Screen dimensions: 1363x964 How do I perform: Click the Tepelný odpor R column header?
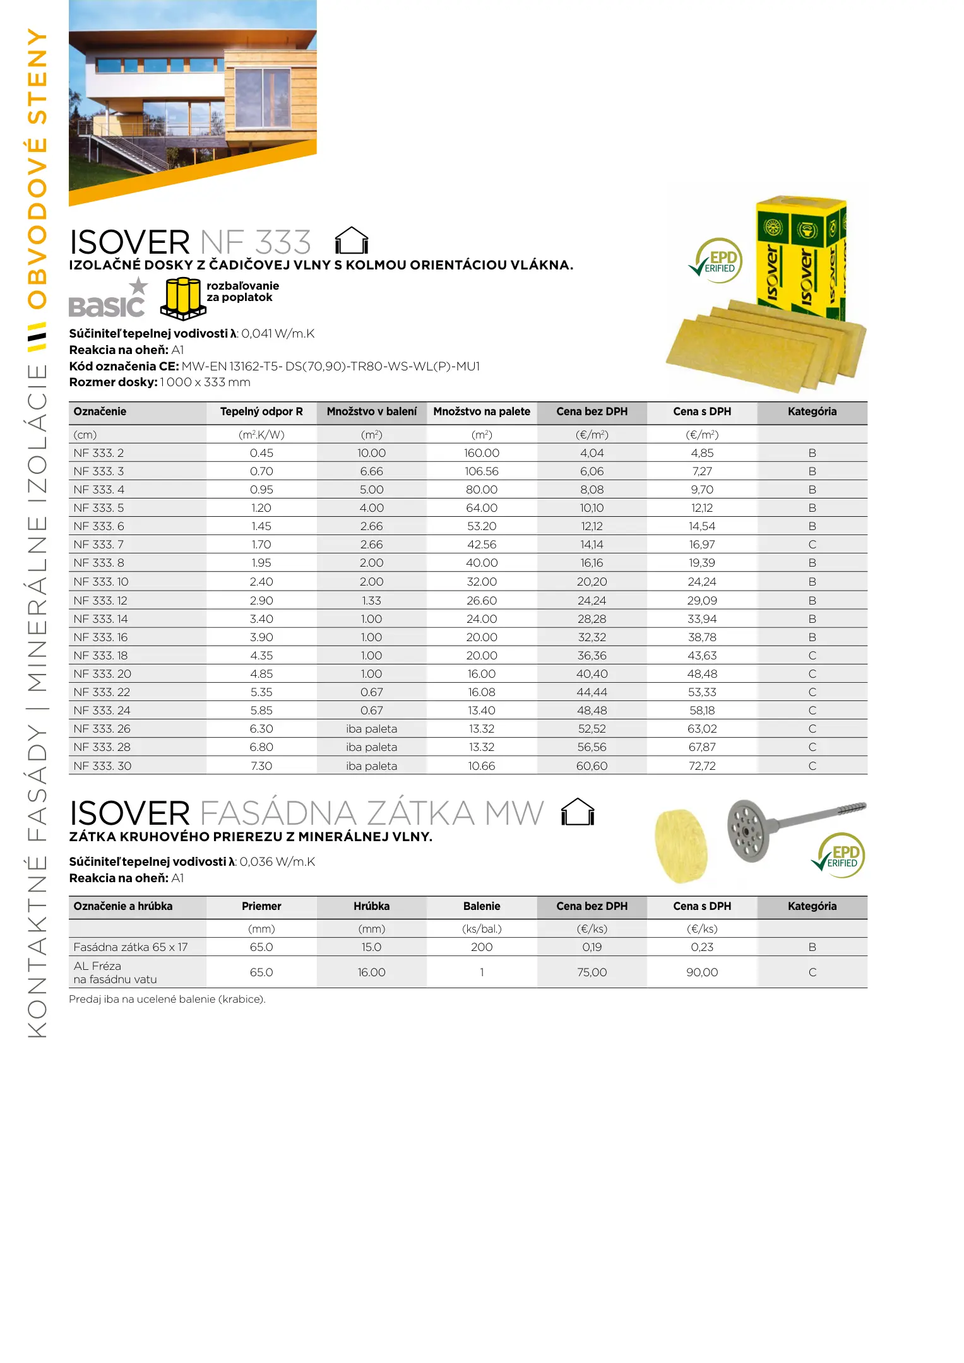click(x=261, y=412)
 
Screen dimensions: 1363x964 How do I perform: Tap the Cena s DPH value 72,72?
click(x=702, y=766)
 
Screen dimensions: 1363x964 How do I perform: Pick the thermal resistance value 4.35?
click(x=261, y=656)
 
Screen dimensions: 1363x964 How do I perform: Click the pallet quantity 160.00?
click(x=482, y=453)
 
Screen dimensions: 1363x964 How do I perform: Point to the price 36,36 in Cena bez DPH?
click(x=592, y=656)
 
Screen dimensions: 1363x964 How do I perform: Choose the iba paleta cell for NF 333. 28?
click(x=371, y=747)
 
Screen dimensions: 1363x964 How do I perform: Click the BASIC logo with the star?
click(x=108, y=299)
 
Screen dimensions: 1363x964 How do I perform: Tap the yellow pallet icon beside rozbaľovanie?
click(x=183, y=298)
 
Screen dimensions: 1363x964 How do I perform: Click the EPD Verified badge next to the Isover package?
click(x=717, y=260)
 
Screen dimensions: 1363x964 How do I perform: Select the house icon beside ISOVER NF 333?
click(x=351, y=241)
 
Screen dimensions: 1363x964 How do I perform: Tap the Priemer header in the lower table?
click(x=261, y=907)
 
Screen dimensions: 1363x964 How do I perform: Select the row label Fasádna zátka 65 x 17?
click(x=131, y=947)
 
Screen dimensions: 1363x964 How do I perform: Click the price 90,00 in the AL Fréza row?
click(x=702, y=972)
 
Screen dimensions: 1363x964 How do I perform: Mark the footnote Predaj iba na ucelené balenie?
click(x=167, y=1000)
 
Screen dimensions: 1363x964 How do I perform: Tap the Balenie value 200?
click(x=482, y=947)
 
